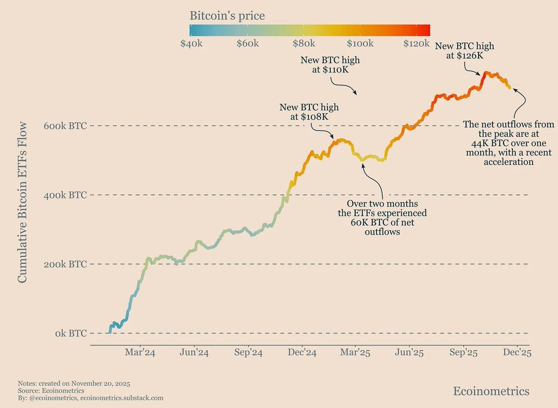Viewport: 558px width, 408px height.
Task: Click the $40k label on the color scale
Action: [x=191, y=44]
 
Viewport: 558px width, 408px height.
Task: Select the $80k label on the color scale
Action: [x=303, y=44]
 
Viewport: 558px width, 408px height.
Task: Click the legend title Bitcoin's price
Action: [x=227, y=16]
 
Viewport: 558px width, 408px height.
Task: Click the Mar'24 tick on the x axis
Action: [x=140, y=353]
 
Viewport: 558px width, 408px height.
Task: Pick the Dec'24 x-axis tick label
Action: [x=302, y=353]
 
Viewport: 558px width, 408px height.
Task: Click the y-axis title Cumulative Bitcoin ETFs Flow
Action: [x=22, y=202]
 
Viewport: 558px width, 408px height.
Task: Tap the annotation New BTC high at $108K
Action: [x=309, y=112]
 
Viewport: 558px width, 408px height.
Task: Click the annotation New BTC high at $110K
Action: [x=330, y=65]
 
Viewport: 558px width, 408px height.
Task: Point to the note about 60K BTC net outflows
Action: [x=382, y=217]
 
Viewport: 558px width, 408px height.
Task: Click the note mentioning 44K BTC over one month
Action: [x=509, y=143]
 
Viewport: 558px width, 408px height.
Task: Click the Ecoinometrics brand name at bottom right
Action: [x=491, y=391]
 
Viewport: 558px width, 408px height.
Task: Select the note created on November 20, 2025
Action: [x=74, y=384]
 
